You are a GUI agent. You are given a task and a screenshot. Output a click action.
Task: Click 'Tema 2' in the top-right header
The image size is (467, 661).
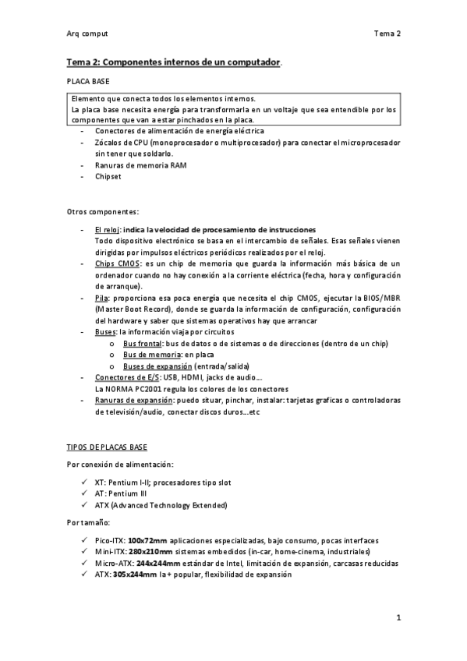click(x=387, y=34)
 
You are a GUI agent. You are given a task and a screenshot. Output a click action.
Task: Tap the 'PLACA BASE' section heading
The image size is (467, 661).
click(x=87, y=81)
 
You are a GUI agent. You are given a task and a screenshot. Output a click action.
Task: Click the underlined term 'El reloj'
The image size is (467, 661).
click(x=107, y=231)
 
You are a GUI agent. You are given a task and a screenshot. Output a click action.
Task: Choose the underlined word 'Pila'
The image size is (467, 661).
click(x=101, y=299)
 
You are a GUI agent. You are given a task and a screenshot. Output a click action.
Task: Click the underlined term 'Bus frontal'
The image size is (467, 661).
click(x=142, y=344)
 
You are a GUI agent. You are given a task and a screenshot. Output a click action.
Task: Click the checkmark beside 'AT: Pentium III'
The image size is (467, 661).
click(x=84, y=494)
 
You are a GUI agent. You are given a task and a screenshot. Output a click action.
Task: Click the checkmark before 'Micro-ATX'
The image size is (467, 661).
click(x=84, y=563)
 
